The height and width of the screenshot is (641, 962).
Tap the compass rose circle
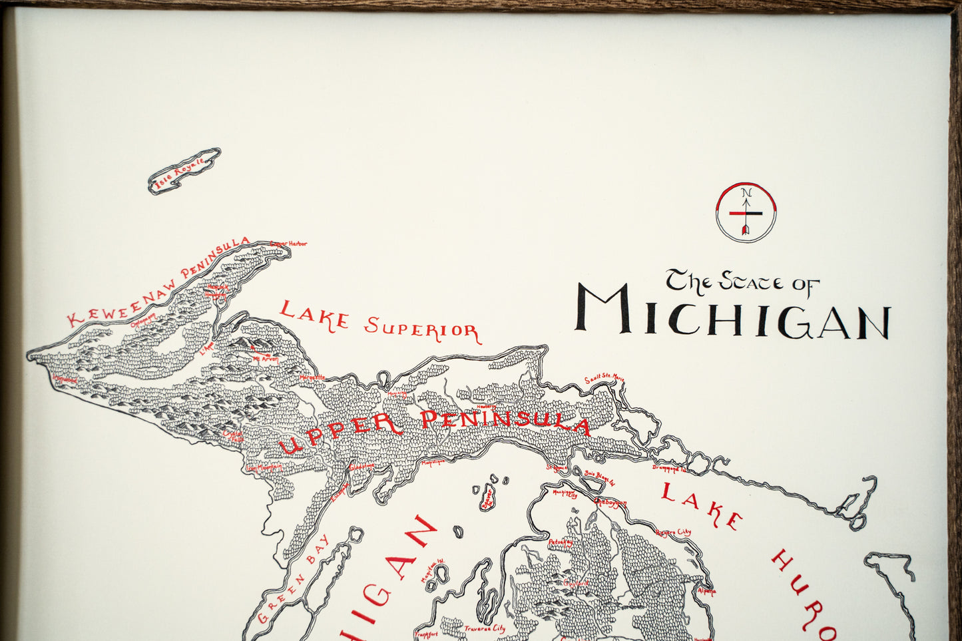point(746,212)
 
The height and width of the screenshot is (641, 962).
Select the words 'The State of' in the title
point(742,281)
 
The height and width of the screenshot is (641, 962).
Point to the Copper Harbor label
point(289,244)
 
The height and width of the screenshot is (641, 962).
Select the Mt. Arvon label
point(264,359)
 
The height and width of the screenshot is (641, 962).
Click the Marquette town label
point(312,377)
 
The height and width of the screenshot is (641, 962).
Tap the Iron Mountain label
point(264,467)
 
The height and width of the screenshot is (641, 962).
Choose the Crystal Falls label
point(234,435)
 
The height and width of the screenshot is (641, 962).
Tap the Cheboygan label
point(610,503)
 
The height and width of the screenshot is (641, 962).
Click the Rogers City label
point(673,533)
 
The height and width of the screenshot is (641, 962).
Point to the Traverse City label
point(484,628)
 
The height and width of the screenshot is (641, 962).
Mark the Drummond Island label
point(668,469)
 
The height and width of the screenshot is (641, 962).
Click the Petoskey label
point(560,542)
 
